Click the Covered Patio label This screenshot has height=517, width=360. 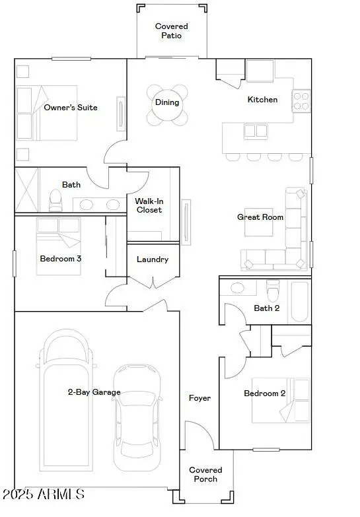pyautogui.click(x=171, y=31)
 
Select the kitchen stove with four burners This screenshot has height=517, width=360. pyautogui.click(x=301, y=100)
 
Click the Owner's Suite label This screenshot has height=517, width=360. pyautogui.click(x=71, y=107)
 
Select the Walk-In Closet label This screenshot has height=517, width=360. pyautogui.click(x=149, y=205)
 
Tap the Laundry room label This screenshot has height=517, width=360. pyautogui.click(x=153, y=259)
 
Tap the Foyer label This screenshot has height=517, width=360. pyautogui.click(x=199, y=398)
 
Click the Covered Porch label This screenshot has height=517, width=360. pyautogui.click(x=205, y=475)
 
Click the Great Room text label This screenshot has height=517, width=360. pyautogui.click(x=260, y=217)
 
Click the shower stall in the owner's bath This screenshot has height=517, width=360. pyautogui.click(x=26, y=190)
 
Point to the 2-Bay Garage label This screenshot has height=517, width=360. pyautogui.click(x=94, y=392)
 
